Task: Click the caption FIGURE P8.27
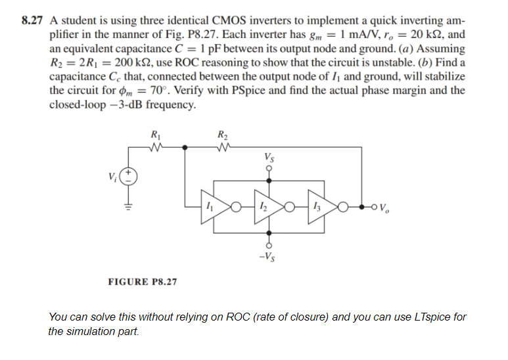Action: click(142, 282)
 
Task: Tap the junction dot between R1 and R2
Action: click(186, 147)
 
